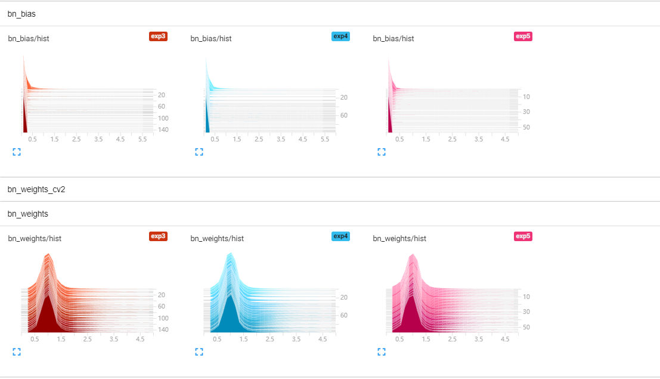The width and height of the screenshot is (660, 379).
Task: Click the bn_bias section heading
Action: [x=21, y=13]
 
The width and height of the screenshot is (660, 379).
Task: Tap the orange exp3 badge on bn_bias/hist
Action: [x=158, y=36]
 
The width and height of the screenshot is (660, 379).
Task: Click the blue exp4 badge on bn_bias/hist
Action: [x=340, y=36]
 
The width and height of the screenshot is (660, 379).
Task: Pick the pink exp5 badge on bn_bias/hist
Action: [x=523, y=36]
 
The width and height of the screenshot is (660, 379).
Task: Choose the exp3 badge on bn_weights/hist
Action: [x=158, y=236]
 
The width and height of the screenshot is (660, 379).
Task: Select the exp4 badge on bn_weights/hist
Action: [x=340, y=236]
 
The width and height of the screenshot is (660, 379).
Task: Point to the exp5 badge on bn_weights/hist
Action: [x=523, y=236]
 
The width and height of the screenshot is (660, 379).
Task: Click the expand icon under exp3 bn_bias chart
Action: [x=17, y=152]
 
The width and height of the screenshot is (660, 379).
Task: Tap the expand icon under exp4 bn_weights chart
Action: [x=199, y=352]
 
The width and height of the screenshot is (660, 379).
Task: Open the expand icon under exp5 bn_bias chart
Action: [x=382, y=152]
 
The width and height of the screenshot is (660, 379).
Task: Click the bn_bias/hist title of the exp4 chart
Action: [x=211, y=39]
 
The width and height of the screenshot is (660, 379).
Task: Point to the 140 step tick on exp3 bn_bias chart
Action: [x=163, y=130]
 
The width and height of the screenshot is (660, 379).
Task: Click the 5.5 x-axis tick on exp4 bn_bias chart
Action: [x=325, y=139]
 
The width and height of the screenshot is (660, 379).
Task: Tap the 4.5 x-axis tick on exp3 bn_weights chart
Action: [x=140, y=339]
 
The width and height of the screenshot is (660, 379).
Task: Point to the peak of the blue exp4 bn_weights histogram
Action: [x=230, y=254]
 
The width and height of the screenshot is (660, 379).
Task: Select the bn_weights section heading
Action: [x=28, y=214]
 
